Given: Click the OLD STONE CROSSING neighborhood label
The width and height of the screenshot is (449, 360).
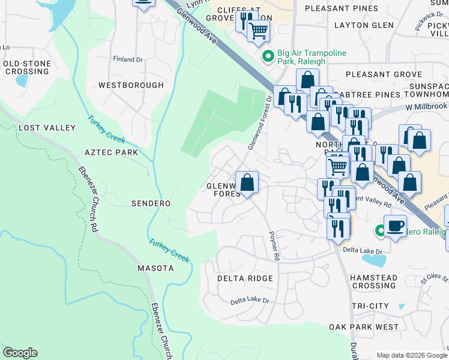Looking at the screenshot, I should [26, 67].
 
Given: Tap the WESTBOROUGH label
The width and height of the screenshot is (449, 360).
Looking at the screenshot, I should [131, 85].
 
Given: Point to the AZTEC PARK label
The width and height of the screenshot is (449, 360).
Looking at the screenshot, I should [111, 152].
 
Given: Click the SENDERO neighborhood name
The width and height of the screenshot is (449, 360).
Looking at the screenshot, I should [151, 203].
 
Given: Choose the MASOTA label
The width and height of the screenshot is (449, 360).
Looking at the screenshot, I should [155, 268].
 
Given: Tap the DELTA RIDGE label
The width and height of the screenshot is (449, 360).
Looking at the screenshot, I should [245, 278].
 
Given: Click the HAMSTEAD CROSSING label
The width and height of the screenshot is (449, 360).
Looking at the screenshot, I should [374, 282].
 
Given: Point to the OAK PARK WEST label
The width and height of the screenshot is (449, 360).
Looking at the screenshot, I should [364, 327].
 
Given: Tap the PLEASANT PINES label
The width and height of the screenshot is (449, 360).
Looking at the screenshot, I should [341, 8].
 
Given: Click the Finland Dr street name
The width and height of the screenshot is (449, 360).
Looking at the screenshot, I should [128, 59].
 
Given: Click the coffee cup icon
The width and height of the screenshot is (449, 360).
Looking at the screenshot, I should [394, 226].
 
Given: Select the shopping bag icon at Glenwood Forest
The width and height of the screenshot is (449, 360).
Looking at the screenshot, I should [247, 182].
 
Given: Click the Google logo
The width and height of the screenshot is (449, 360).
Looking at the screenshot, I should [20, 353].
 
